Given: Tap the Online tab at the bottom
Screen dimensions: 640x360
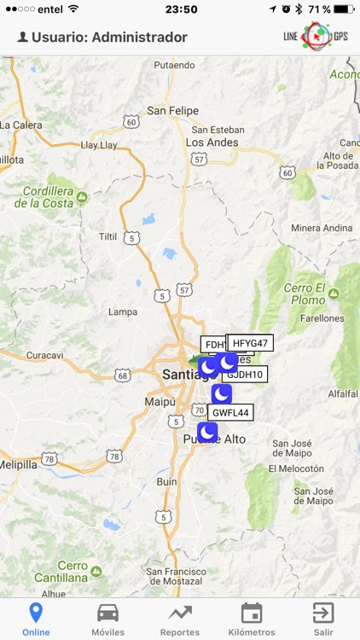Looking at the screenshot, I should [x=35, y=618].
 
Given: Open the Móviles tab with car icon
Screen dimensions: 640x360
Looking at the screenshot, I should [x=107, y=618].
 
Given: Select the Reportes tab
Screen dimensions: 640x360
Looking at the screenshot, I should [x=179, y=618].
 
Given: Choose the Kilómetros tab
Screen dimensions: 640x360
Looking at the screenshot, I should [x=252, y=618].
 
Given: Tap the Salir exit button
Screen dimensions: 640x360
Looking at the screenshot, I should [x=323, y=618].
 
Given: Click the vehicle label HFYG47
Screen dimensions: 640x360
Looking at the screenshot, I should [x=250, y=343].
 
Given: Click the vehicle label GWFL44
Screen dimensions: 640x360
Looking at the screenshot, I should [x=230, y=413].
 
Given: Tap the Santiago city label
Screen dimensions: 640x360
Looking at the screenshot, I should [x=180, y=375].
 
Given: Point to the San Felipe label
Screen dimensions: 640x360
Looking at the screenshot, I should [x=172, y=111].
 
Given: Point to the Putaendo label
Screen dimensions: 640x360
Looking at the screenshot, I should [x=174, y=65].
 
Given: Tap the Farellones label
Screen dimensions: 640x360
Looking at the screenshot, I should [x=321, y=318].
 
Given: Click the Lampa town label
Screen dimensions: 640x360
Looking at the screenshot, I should [x=122, y=311].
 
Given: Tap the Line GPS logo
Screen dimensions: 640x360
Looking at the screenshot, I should [x=316, y=37].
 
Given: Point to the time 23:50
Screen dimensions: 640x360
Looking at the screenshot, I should [x=181, y=9].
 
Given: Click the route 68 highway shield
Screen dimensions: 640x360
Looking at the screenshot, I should [x=124, y=375].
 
